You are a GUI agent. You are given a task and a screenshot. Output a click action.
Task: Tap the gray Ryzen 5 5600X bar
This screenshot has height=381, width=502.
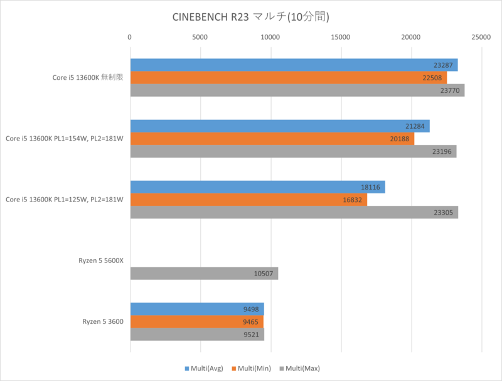click(x=204, y=273)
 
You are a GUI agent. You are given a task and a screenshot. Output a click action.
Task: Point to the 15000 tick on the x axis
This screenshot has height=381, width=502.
click(x=341, y=38)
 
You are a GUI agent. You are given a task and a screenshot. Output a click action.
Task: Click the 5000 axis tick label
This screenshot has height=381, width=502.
click(x=200, y=38)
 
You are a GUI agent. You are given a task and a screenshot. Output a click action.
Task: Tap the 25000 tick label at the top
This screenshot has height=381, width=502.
click(x=481, y=38)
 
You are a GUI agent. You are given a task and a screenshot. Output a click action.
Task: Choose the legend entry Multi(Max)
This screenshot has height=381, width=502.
click(x=301, y=368)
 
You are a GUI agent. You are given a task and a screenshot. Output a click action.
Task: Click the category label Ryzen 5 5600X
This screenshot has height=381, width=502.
click(x=97, y=261)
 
